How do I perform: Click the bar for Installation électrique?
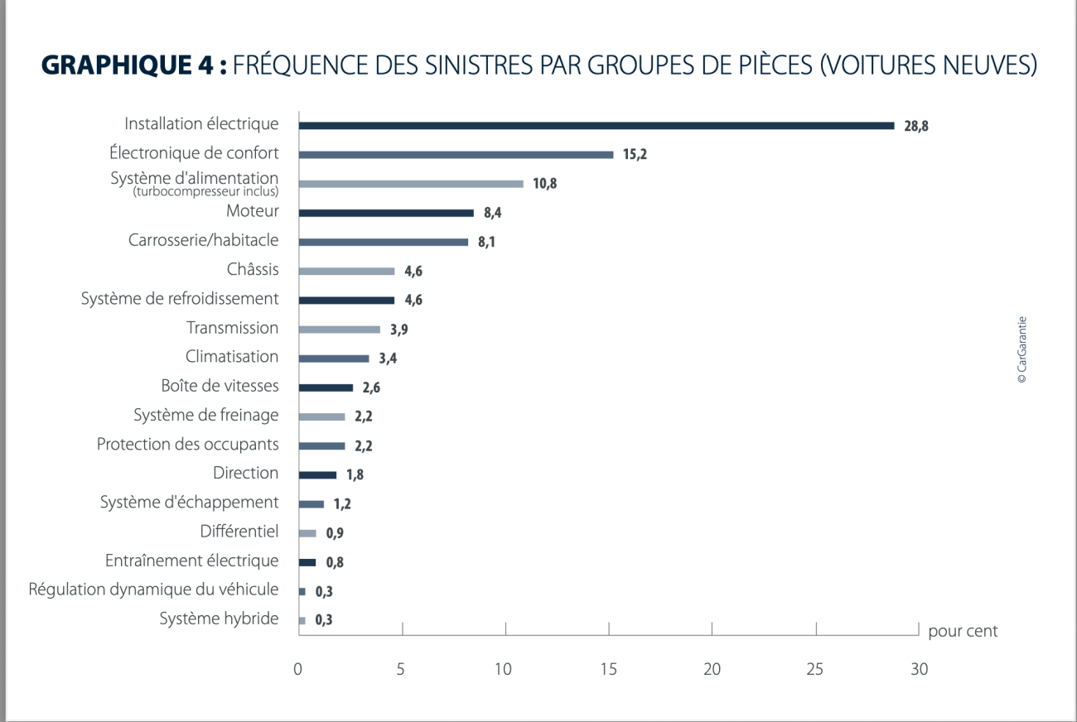click(x=596, y=126)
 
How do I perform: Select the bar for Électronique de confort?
click(x=456, y=155)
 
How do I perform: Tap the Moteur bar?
click(x=386, y=213)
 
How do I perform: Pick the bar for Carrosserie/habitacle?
click(x=383, y=242)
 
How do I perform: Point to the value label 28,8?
click(x=916, y=127)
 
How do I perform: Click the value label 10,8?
click(x=544, y=184)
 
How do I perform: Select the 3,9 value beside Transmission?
click(x=399, y=330)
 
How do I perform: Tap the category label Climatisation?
click(x=232, y=357)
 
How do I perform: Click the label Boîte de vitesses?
click(x=220, y=386)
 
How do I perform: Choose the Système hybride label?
click(x=219, y=619)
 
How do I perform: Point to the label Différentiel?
click(x=239, y=532)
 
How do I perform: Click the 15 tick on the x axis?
click(x=609, y=669)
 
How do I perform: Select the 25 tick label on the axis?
click(x=815, y=669)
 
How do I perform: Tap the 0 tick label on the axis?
click(x=298, y=669)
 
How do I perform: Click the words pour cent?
click(x=963, y=632)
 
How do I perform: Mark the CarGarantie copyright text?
click(x=1021, y=349)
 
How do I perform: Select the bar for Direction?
click(x=317, y=474)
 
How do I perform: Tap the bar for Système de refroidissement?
click(x=346, y=300)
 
